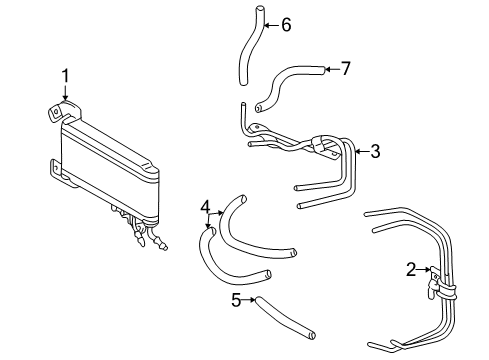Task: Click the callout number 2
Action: pos(410,268)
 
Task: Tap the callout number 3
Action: pos(375,152)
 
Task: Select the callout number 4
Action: pos(205,208)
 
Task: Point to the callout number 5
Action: pos(236,298)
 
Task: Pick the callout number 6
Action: pos(285,24)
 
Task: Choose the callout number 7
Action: pos(346,69)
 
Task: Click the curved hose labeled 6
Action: pos(247,50)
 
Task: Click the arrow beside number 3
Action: pos(360,152)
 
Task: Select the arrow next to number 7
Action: pos(330,69)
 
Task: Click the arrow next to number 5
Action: pos(250,298)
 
